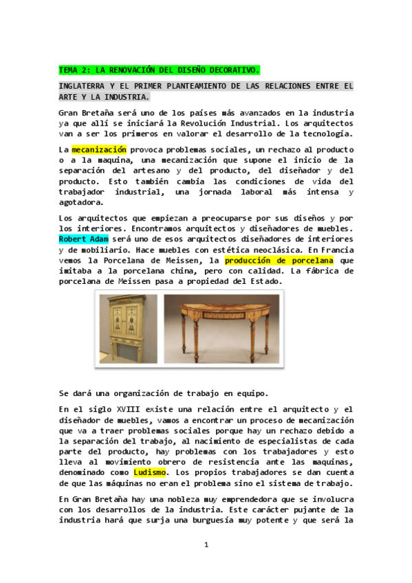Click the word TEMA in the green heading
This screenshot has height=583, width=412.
point(69,70)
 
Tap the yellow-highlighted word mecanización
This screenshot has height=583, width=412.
point(99,149)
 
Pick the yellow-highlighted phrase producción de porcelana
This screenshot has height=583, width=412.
point(279,261)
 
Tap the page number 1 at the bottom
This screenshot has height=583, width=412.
point(206,544)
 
